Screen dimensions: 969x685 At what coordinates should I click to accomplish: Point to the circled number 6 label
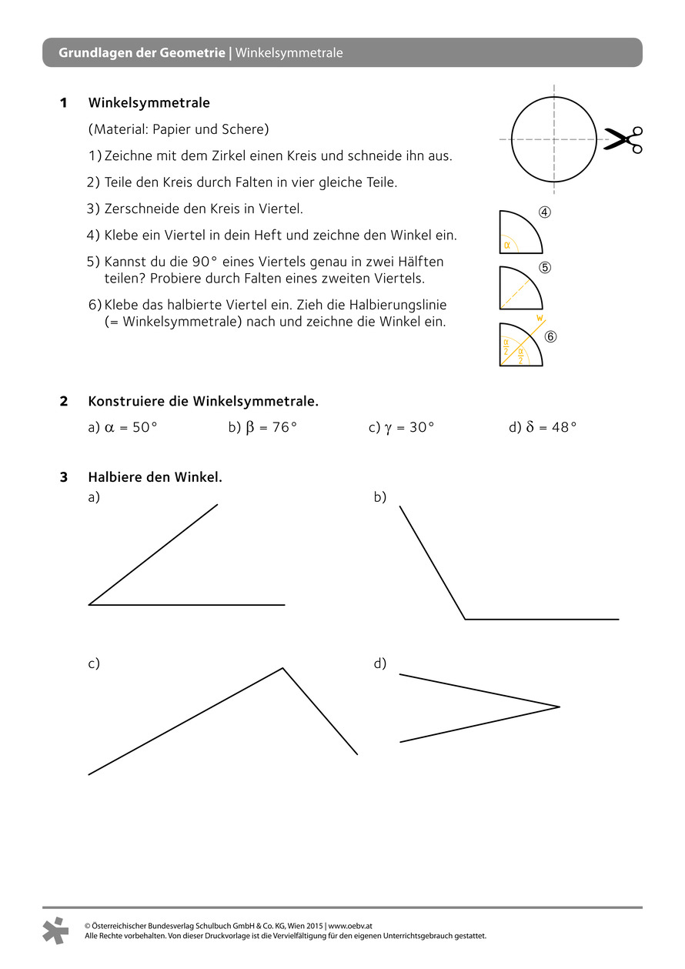point(550,336)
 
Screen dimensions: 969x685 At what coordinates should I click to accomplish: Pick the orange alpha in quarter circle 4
point(507,246)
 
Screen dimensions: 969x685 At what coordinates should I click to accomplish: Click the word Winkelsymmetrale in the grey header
point(289,53)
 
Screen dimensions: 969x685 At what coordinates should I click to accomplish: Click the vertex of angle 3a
point(89,605)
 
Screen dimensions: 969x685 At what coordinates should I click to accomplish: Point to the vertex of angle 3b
point(465,619)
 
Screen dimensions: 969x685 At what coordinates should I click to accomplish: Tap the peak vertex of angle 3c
point(282,668)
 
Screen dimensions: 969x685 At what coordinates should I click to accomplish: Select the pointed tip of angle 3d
point(560,707)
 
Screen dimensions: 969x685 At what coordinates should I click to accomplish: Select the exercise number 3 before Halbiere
point(64,477)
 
